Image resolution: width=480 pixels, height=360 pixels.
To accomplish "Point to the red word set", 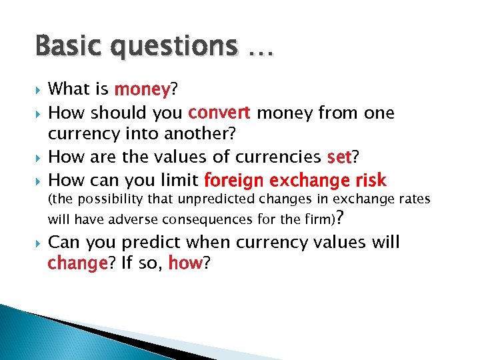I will click(x=339, y=157).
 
